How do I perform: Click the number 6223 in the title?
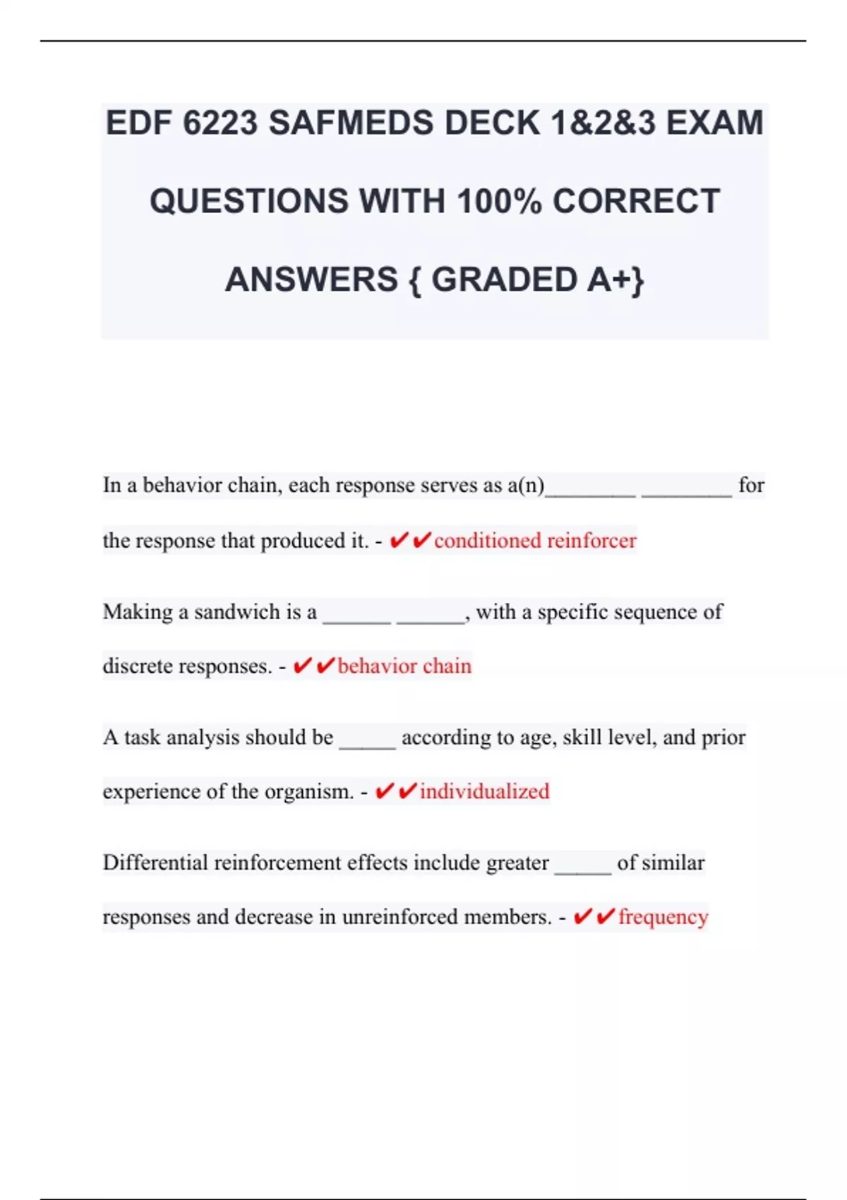(x=220, y=124)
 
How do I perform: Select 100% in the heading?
(x=499, y=201)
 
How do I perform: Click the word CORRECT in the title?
(x=636, y=201)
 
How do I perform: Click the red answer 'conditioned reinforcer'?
(x=535, y=541)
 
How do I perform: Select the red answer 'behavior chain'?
(x=404, y=666)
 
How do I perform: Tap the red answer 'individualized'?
(x=484, y=791)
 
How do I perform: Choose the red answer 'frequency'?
(x=663, y=917)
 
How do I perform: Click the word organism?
(x=309, y=792)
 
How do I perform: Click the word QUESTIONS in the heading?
(x=248, y=201)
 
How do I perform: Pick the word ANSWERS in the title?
(x=311, y=280)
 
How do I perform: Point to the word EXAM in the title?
(x=714, y=124)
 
